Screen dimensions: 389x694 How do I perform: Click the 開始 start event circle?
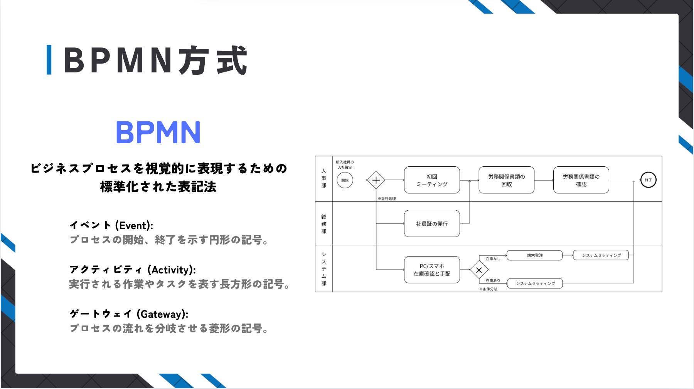click(x=345, y=180)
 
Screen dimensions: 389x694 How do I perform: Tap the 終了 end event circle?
click(x=648, y=180)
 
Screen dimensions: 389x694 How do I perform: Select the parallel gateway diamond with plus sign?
click(x=376, y=180)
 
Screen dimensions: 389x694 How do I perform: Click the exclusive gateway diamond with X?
click(x=479, y=270)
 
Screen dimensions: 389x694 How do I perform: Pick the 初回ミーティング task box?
click(x=432, y=180)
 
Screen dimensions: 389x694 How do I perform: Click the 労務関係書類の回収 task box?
click(x=506, y=180)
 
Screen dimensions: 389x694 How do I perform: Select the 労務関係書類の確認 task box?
click(x=581, y=180)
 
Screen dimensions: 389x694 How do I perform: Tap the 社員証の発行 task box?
click(x=432, y=223)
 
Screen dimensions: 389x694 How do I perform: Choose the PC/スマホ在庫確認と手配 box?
click(x=432, y=270)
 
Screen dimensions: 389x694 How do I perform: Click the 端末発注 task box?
click(x=534, y=255)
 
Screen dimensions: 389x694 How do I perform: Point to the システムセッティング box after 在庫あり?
click(x=535, y=283)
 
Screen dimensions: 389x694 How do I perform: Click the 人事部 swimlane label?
click(x=324, y=178)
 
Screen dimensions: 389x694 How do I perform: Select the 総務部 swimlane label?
click(x=324, y=224)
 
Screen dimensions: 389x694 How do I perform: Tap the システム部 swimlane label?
click(x=324, y=268)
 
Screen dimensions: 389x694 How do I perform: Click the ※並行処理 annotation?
click(x=386, y=199)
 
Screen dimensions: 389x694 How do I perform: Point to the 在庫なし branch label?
click(x=492, y=259)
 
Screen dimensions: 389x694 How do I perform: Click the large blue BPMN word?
click(x=158, y=132)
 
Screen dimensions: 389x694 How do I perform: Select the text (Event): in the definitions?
click(x=134, y=225)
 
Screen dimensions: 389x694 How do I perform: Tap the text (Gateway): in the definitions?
click(x=162, y=314)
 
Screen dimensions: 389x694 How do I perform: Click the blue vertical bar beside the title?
click(x=49, y=60)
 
